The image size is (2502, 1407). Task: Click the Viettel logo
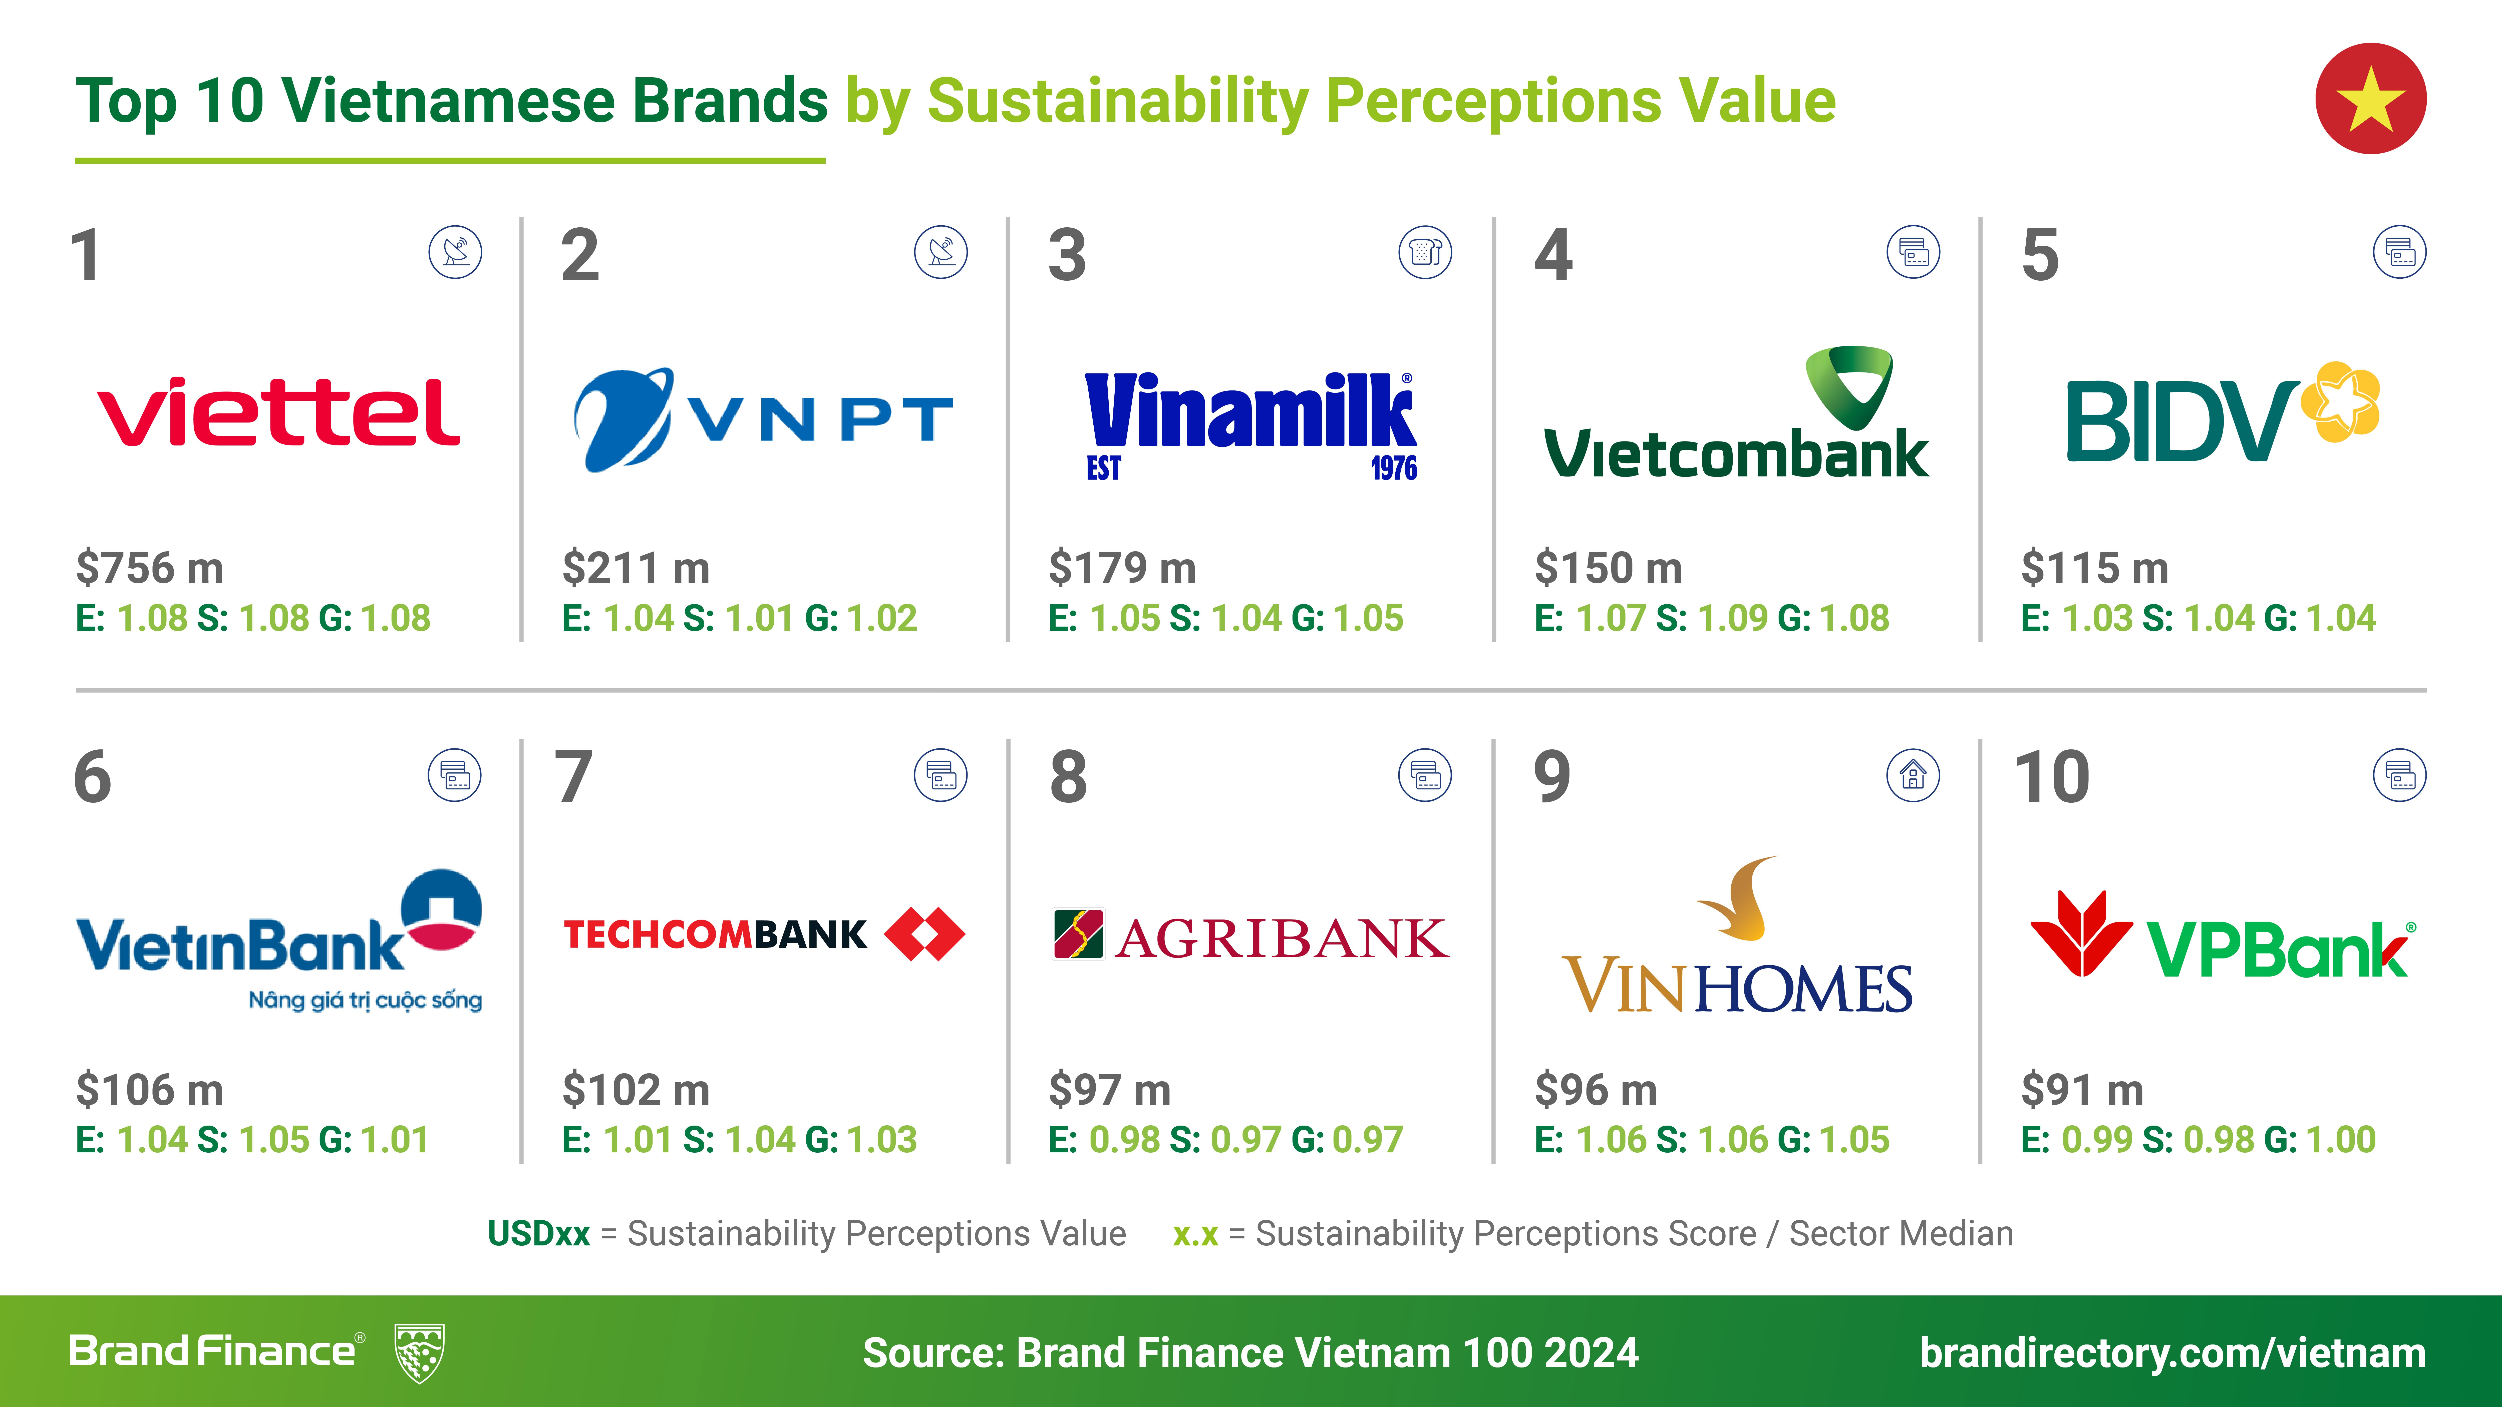tap(279, 412)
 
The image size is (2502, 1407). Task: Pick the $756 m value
tap(150, 568)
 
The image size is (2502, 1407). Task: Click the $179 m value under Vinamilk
tap(1122, 568)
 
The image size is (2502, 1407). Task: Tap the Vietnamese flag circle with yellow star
tap(2371, 98)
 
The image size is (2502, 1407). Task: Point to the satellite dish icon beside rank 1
tap(456, 252)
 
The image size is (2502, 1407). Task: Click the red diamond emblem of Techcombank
tap(925, 934)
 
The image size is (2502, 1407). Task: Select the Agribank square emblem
tap(1078, 934)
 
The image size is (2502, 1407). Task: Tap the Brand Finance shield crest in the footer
tap(420, 1353)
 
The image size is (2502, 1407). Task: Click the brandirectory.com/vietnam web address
tap(2173, 1353)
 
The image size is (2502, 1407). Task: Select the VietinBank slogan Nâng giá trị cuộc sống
tap(365, 1000)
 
